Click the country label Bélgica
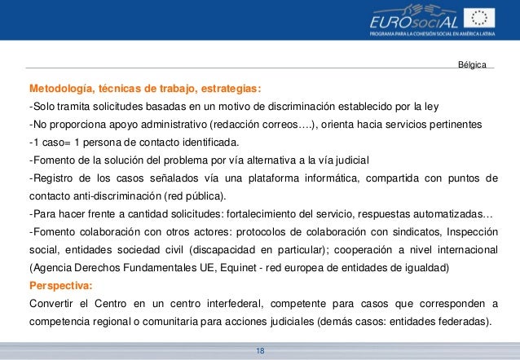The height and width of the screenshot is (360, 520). (x=472, y=64)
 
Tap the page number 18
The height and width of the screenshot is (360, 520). (x=260, y=349)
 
